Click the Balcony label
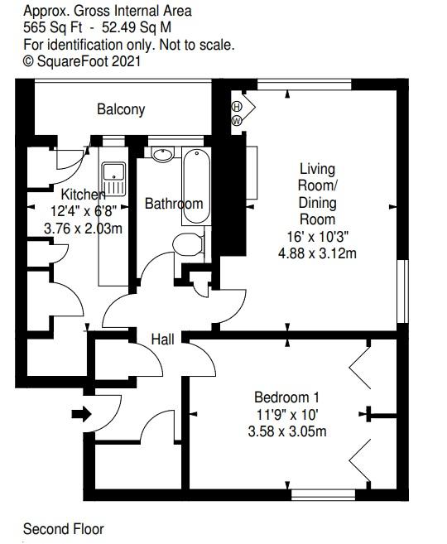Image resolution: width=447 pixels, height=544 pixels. [121, 109]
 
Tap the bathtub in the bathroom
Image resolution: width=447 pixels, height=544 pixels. [197, 186]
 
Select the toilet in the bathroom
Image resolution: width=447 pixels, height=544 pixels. [189, 244]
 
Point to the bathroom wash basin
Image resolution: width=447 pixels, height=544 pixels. [162, 154]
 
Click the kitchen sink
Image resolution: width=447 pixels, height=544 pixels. [113, 179]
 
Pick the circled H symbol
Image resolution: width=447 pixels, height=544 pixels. [237, 106]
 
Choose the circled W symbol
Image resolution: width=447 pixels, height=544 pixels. [237, 121]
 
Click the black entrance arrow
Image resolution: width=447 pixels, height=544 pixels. [81, 414]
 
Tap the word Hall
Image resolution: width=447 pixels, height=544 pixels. [162, 339]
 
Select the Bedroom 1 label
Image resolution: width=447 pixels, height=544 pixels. [286, 397]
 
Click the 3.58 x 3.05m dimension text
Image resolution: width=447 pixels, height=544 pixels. [287, 431]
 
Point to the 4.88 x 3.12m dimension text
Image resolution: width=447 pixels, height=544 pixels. [317, 253]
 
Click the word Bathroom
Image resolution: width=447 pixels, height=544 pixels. [174, 204]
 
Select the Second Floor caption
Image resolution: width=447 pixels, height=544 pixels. [64, 529]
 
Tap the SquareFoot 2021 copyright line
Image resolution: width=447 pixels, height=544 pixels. [82, 61]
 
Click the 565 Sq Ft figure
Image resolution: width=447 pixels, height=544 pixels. [53, 28]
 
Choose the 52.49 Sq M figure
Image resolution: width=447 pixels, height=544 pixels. [137, 28]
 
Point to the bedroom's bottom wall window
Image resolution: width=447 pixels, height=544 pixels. [323, 494]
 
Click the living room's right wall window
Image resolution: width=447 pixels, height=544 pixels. [402, 291]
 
